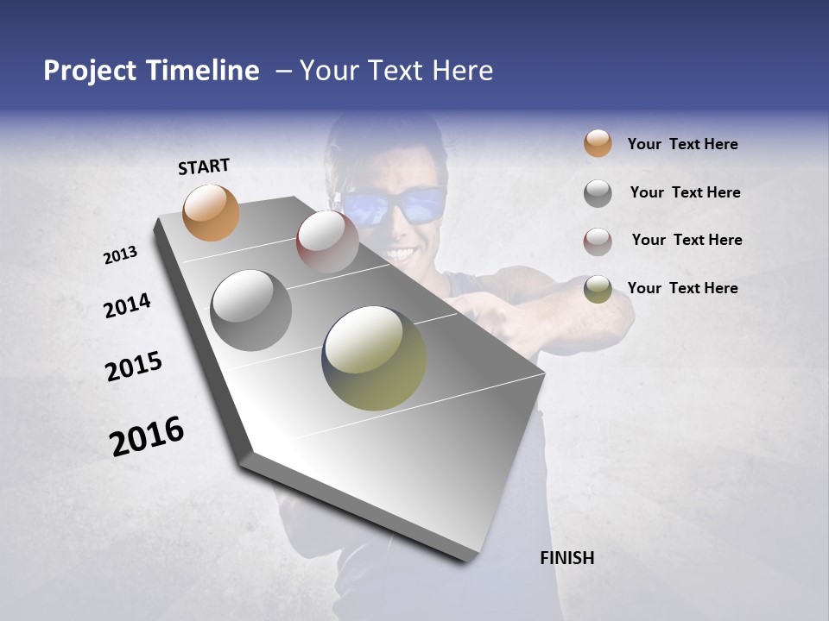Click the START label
tap(204, 166)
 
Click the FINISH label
tap(566, 558)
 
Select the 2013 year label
tap(120, 255)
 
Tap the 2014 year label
tap(127, 305)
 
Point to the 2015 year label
tap(134, 367)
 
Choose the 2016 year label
tap(147, 436)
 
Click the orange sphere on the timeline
tap(211, 212)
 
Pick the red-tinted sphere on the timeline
tap(327, 241)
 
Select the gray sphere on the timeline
tap(250, 310)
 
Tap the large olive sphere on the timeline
tap(374, 358)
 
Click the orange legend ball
tap(598, 143)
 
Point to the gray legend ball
tap(598, 193)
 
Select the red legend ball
tap(598, 241)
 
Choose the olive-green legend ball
tap(598, 289)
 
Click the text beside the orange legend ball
tap(682, 144)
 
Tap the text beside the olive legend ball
tap(682, 288)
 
